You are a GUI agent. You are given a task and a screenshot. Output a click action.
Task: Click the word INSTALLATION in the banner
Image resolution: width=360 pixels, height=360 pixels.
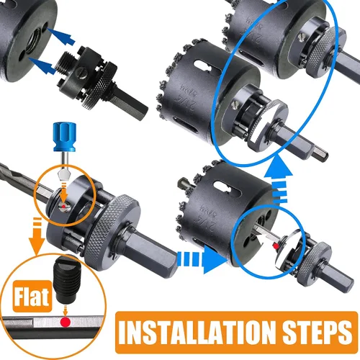pyautogui.click(x=197, y=333)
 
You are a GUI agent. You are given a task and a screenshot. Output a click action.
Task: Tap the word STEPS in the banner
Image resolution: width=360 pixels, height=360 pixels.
pyautogui.click(x=316, y=333)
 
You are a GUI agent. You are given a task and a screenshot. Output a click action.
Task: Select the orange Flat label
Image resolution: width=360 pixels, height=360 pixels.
pyautogui.click(x=32, y=297)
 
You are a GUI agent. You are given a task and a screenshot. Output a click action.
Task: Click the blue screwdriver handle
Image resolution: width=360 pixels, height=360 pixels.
pyautogui.click(x=64, y=137)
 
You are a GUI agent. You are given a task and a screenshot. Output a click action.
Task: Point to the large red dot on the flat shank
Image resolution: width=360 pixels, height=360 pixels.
pyautogui.click(x=66, y=322)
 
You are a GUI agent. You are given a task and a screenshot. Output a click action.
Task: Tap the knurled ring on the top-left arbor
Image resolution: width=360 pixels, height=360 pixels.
pyautogui.click(x=101, y=86)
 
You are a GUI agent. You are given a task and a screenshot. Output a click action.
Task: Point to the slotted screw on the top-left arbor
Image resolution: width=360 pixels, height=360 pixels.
pyautogui.click(x=81, y=74)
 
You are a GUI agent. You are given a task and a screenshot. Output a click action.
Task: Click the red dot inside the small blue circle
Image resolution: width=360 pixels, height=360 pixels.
pyautogui.click(x=276, y=246)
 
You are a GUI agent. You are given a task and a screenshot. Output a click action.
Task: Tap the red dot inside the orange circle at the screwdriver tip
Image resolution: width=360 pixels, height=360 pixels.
pyautogui.click(x=63, y=207)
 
